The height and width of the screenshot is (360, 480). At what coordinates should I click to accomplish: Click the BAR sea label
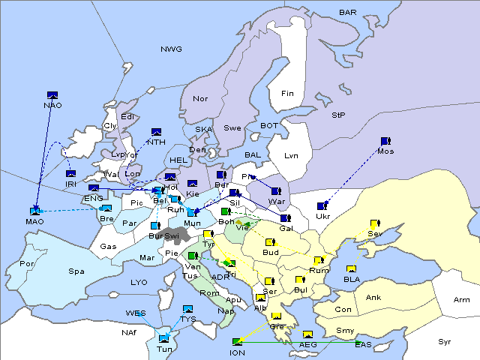[x=347, y=13]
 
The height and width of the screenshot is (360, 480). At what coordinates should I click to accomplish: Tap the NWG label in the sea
[x=171, y=49]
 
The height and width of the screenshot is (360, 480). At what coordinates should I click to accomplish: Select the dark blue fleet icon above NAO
[x=52, y=94]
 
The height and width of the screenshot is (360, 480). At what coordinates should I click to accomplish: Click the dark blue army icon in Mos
[x=385, y=141]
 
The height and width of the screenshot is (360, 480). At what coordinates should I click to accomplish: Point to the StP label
[x=338, y=115]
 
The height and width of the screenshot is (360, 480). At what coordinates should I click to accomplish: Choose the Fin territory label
[x=286, y=94]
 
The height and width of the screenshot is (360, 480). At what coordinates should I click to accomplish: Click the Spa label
[x=76, y=271]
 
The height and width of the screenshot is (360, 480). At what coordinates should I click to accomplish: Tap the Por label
[x=27, y=264]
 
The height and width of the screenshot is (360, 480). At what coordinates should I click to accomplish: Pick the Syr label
[x=445, y=341]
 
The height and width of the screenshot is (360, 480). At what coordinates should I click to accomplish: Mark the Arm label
[x=462, y=300]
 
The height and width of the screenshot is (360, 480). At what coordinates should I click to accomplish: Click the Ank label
[x=373, y=298]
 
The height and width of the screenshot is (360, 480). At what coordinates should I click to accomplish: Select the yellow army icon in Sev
[x=374, y=223]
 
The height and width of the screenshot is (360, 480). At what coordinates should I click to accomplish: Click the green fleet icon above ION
[x=238, y=341]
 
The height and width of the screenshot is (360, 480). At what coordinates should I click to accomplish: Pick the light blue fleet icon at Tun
[x=164, y=338]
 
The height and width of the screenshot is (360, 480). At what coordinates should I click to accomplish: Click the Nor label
[x=200, y=99]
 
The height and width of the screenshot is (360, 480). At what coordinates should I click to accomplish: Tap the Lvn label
[x=291, y=156]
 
